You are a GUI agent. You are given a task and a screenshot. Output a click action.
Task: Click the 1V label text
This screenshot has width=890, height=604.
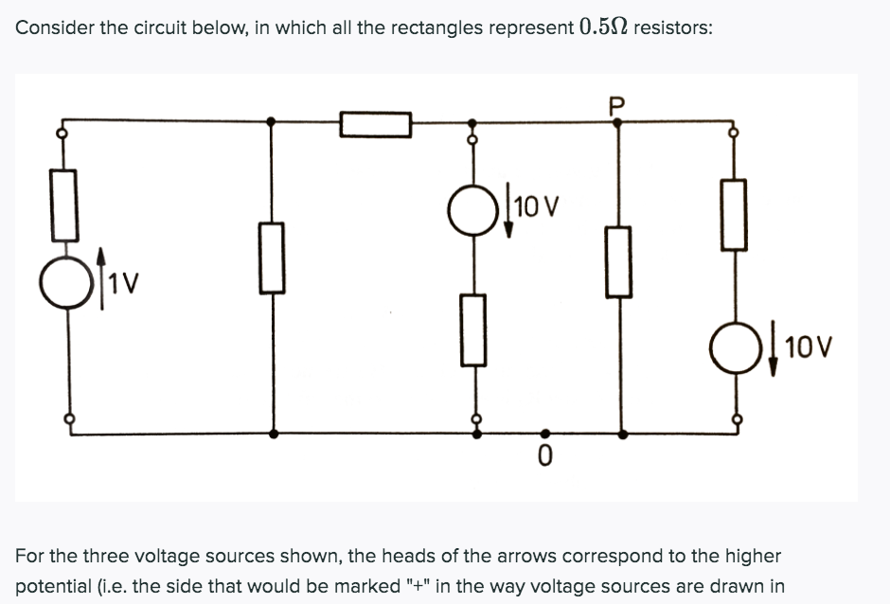(x=124, y=281)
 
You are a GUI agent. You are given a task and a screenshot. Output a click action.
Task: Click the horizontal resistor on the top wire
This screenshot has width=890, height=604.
(x=376, y=124)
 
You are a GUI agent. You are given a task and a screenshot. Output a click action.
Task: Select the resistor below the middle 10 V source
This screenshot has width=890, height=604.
(x=474, y=329)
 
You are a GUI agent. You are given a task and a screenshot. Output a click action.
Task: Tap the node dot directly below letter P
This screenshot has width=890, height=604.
(x=619, y=121)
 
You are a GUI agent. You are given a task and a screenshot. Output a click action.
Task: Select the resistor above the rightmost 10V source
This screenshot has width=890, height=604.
(x=734, y=214)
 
